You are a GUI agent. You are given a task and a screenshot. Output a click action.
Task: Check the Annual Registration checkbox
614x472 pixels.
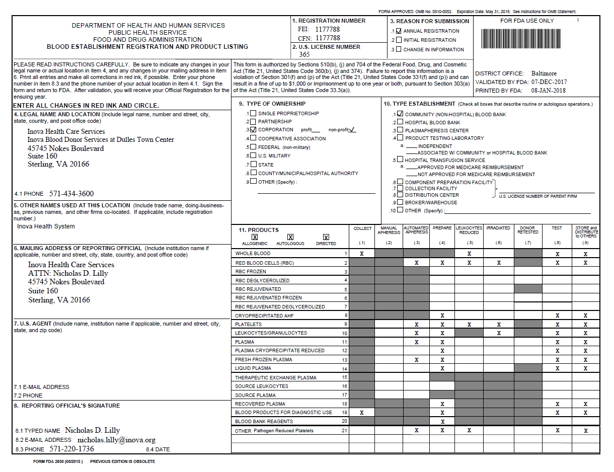399,31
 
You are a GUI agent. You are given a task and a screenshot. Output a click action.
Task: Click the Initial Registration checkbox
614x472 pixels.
399,40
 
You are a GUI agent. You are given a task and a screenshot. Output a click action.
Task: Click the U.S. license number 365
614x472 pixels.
304,55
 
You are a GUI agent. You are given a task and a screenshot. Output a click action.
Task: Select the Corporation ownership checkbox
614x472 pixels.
254,130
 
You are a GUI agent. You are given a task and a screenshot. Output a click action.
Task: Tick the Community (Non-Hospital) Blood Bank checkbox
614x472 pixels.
400,114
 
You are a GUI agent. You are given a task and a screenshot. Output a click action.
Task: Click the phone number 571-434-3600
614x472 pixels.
71,194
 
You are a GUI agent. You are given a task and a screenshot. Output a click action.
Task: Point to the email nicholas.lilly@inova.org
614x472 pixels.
116,440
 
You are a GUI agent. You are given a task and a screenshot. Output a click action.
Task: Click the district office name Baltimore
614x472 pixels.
544,73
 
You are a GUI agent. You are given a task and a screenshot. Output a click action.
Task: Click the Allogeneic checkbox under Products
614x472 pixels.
255,237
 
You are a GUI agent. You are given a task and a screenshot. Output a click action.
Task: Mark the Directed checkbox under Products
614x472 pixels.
326,237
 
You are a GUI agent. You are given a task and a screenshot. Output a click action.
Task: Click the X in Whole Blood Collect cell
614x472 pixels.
362,254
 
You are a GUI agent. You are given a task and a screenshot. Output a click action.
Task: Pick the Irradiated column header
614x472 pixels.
498,228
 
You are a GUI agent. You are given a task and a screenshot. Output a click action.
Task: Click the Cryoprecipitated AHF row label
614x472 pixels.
264,316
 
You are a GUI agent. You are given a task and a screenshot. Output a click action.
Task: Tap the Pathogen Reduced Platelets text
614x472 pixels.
283,431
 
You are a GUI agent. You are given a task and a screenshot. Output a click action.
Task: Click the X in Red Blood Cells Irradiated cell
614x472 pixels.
498,263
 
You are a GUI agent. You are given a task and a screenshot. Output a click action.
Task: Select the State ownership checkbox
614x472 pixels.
254,165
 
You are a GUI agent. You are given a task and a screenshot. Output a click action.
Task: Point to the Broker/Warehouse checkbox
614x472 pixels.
400,202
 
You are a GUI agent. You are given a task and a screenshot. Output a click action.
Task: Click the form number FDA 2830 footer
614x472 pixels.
58,461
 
